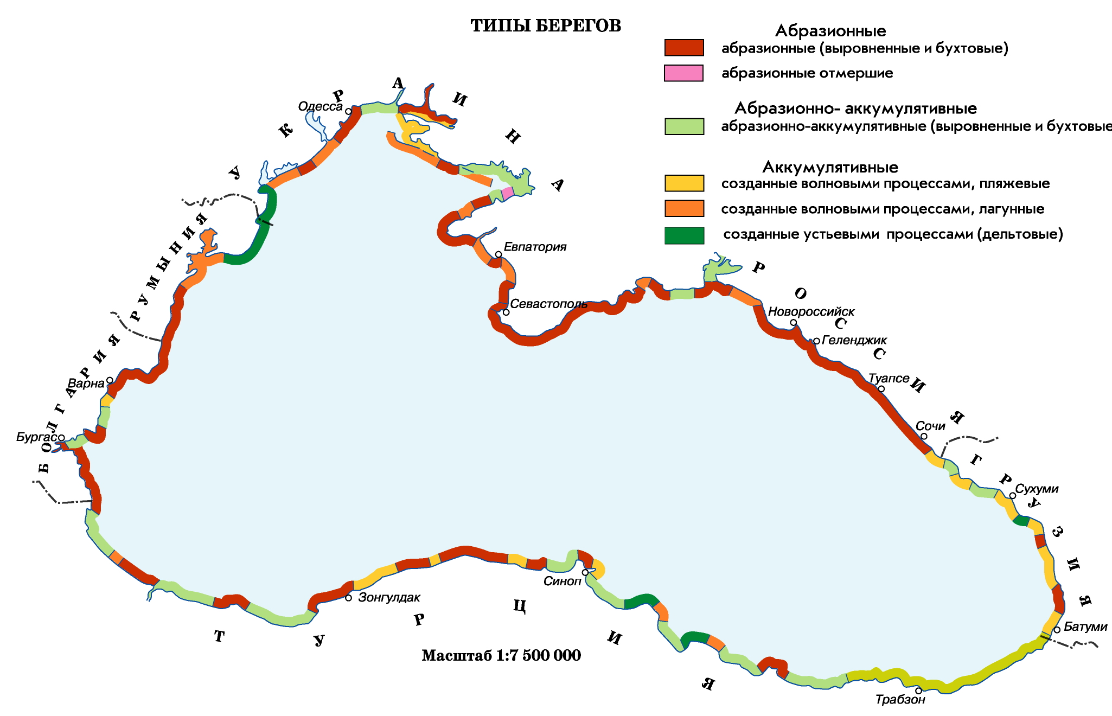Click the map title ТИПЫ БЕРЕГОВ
point(546,26)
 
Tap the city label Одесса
point(320,107)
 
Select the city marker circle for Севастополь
point(506,312)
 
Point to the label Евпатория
point(535,247)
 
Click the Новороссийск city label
point(811,312)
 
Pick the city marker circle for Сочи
point(924,436)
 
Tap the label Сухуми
point(1037,489)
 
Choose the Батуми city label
point(1085,627)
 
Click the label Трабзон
point(900,700)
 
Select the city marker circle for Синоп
point(585,572)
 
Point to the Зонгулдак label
point(389,598)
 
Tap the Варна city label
point(86,383)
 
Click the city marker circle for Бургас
point(62,438)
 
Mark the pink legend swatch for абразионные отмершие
point(683,73)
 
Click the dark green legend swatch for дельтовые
point(683,235)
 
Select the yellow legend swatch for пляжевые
point(683,183)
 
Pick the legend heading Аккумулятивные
point(830,167)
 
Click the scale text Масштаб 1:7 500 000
point(501,656)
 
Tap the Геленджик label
point(854,340)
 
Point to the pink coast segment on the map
point(507,193)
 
